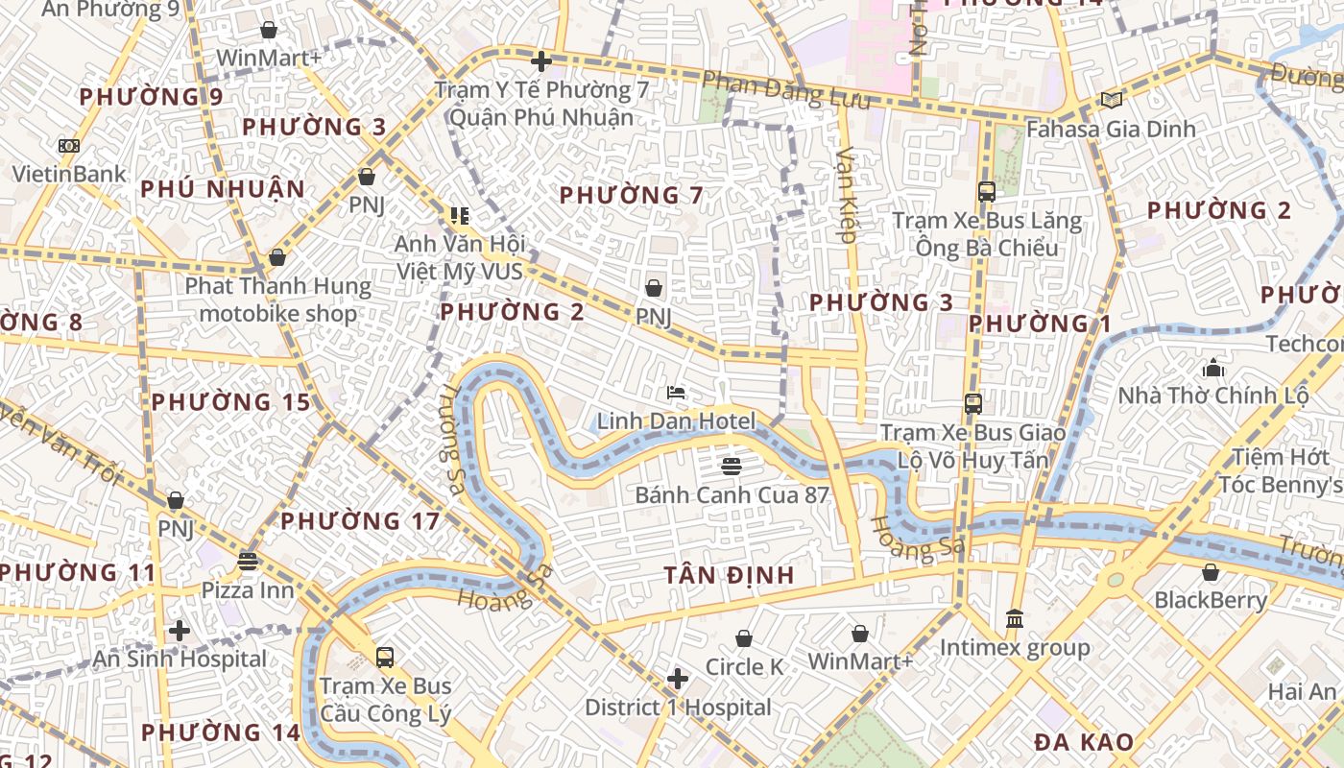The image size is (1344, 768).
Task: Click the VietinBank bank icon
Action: (x=68, y=146)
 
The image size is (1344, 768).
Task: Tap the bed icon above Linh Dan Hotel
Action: (x=677, y=393)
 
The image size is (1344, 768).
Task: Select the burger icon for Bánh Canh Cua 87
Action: (x=732, y=467)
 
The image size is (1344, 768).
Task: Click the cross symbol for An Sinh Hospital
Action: (x=180, y=631)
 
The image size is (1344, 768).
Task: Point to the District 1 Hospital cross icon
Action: (x=678, y=679)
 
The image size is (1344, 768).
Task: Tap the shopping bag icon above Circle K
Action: (x=744, y=638)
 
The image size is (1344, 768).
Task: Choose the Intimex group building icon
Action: (x=1015, y=619)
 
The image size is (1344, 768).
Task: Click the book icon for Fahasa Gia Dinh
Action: (x=1112, y=100)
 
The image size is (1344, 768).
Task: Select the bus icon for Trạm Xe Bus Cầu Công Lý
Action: (x=385, y=658)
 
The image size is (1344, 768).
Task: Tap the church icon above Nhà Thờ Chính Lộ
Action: (x=1213, y=367)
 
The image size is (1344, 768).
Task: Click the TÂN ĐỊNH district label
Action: (x=730, y=575)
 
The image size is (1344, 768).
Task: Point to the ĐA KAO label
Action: (x=1084, y=742)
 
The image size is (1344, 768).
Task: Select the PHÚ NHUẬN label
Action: (x=223, y=189)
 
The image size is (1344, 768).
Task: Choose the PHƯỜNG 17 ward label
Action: (x=360, y=521)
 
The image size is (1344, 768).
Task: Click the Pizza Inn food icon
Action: (x=249, y=562)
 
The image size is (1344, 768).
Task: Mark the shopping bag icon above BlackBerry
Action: (x=1211, y=572)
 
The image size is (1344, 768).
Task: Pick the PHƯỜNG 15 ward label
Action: (x=231, y=401)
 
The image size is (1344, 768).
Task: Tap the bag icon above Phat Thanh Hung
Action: (x=277, y=257)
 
